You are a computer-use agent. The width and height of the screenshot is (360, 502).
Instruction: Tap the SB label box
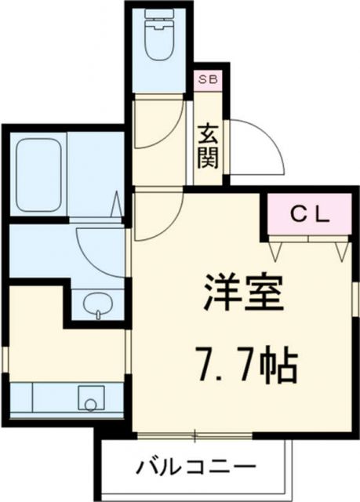coord(209,80)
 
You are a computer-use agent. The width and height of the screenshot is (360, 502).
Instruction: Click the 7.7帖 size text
coord(244,362)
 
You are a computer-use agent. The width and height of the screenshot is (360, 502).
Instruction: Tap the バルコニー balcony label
coord(195,468)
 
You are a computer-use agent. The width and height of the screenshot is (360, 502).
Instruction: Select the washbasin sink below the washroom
coord(97,304)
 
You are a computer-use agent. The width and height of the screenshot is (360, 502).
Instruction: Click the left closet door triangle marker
coord(276,251)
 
